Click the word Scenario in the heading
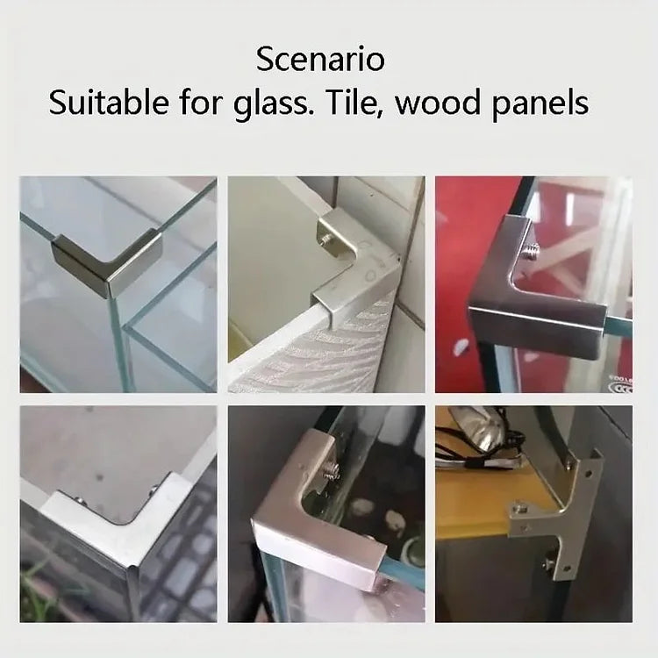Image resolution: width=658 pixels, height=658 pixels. coord(320,59)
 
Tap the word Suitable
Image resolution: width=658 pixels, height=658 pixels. coord(109,103)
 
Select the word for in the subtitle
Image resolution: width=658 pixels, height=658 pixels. coord(201,103)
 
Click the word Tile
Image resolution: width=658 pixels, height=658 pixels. coord(354,103)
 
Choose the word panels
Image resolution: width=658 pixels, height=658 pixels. coord(540,104)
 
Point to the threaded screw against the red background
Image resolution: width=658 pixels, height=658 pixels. coord(530,252)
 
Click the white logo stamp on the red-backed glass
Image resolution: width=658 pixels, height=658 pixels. coord(622,385)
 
